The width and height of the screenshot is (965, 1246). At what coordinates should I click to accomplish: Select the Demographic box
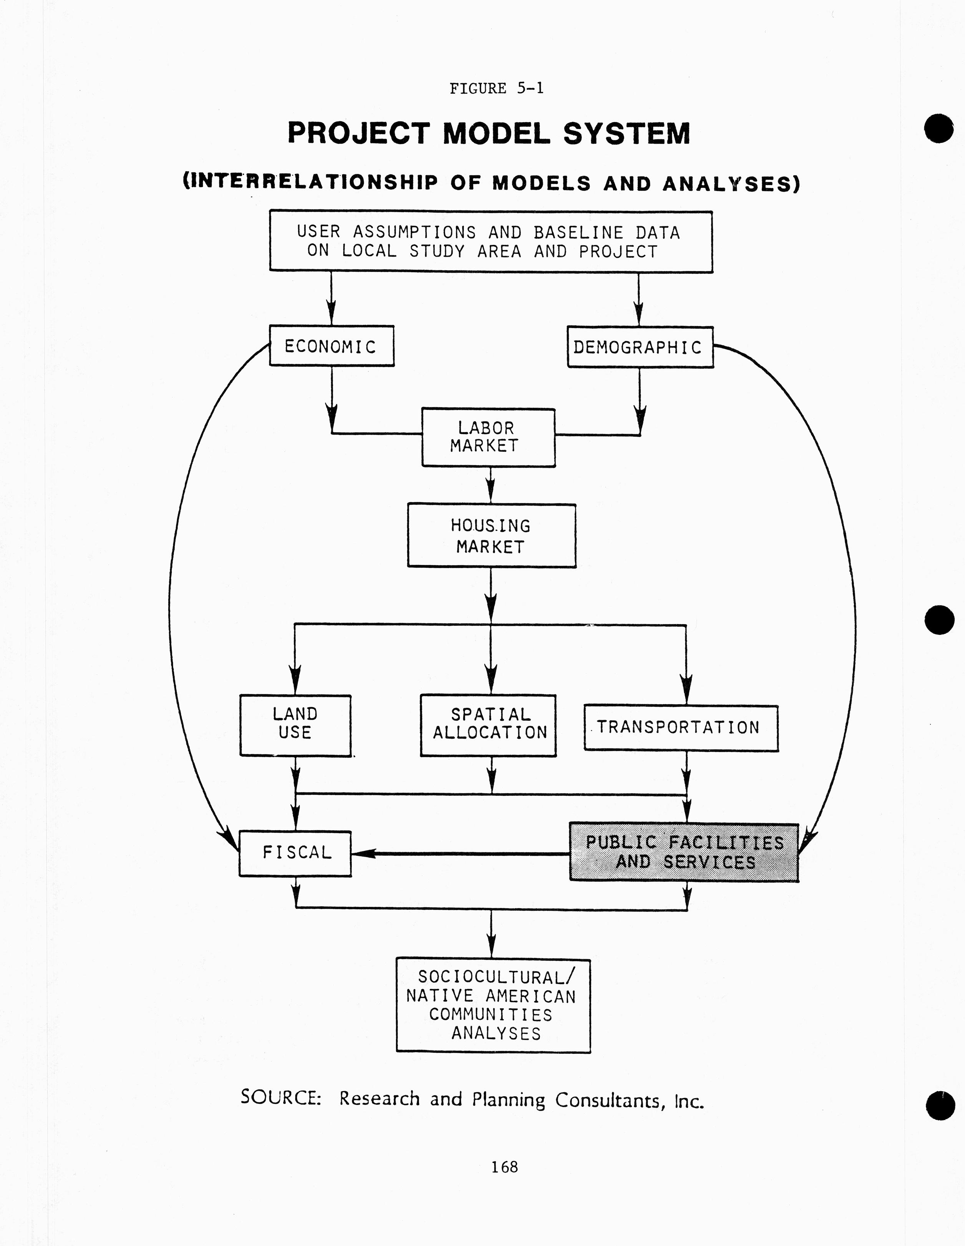[639, 347]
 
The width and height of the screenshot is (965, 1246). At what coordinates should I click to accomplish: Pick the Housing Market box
[491, 535]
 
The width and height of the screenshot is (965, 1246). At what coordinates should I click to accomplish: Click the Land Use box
[295, 725]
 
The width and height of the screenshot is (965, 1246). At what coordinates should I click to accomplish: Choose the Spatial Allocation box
[488, 725]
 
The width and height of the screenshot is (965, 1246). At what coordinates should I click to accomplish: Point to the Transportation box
[680, 728]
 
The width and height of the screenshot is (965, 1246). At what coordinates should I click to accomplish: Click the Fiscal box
[295, 853]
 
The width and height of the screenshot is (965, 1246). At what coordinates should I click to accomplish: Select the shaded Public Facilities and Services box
[684, 852]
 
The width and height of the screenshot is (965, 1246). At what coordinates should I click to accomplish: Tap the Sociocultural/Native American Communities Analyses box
[493, 1005]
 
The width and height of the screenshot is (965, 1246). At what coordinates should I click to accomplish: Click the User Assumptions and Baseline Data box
[491, 241]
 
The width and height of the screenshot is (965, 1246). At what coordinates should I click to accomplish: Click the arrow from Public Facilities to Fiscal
[456, 853]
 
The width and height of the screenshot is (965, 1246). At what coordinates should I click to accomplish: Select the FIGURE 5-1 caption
[496, 88]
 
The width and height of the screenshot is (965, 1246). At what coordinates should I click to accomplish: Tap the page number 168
[504, 1167]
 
